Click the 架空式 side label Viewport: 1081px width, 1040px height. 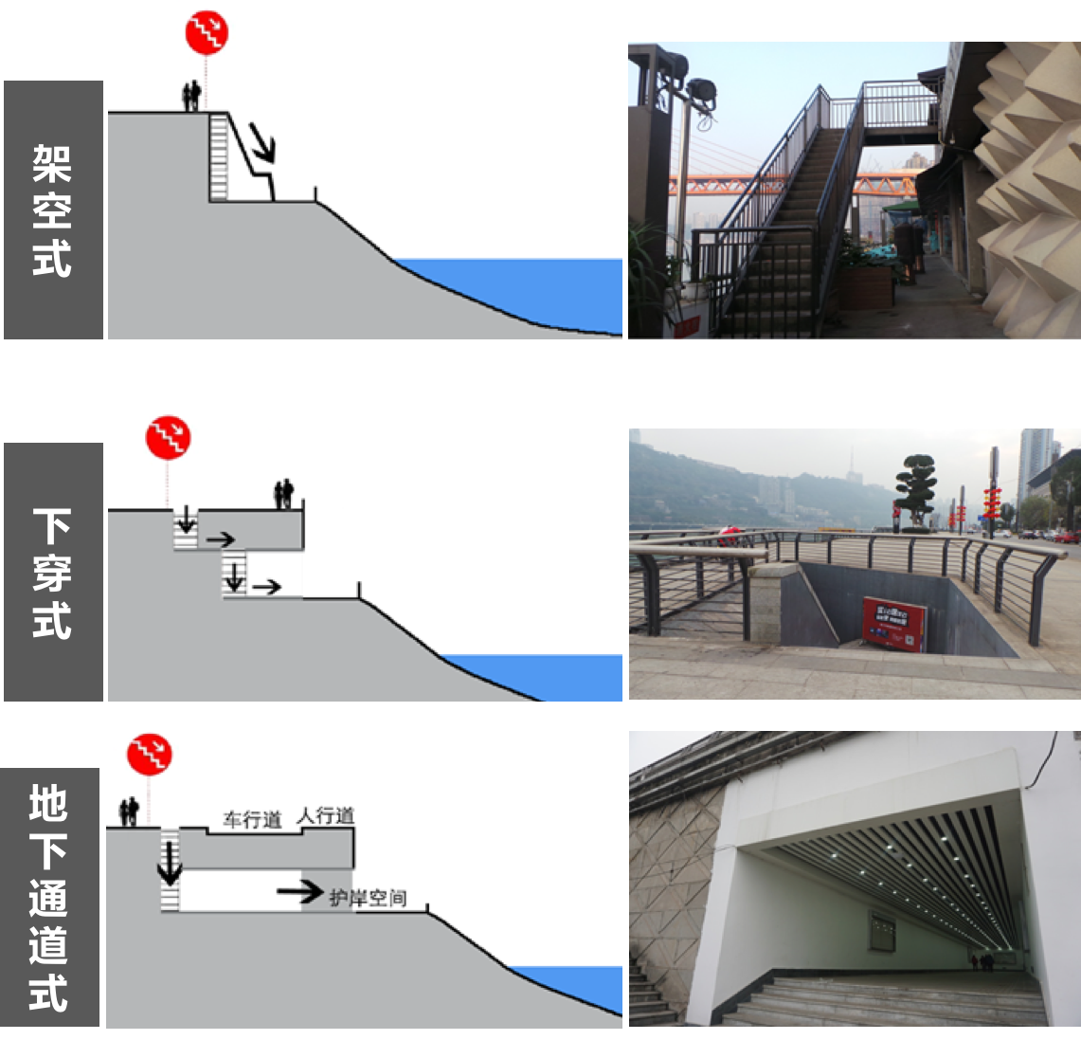(53, 210)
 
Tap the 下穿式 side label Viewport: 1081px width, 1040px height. (53, 573)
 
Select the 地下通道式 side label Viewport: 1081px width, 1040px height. (49, 897)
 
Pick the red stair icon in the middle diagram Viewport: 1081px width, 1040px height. (168, 437)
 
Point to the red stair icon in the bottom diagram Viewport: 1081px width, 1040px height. (150, 755)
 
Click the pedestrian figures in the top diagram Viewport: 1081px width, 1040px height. (191, 96)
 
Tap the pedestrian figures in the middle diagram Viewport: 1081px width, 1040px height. (283, 494)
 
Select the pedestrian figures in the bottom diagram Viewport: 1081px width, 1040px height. (129, 812)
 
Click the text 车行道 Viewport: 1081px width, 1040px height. (253, 819)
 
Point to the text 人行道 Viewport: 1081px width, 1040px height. (326, 815)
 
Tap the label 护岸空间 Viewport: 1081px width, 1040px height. (369, 897)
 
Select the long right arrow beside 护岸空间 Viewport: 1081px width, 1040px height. (300, 891)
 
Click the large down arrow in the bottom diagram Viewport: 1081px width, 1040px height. (170, 863)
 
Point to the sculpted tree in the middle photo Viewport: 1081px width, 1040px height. (915, 488)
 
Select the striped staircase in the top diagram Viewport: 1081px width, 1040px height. (219, 157)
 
